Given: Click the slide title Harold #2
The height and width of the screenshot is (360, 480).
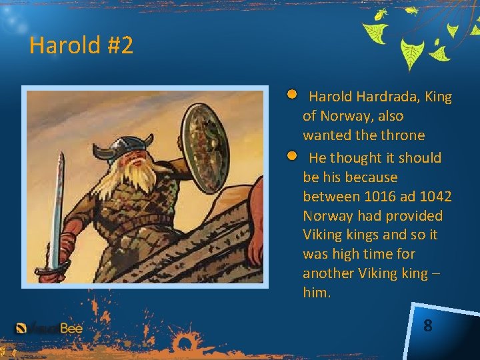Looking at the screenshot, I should pos(81,46).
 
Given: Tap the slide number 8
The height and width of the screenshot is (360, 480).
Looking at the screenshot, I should pos(427,326).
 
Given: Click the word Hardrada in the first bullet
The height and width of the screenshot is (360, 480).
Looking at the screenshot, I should pos(379,97).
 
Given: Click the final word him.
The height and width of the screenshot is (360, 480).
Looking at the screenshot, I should pos(317,293).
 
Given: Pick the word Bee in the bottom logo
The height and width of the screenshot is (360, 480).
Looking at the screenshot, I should pos(71,328).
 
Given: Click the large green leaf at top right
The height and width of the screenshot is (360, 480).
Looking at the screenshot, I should pos(412,53).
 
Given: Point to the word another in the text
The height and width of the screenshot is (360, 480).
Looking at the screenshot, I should pos(327,273).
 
